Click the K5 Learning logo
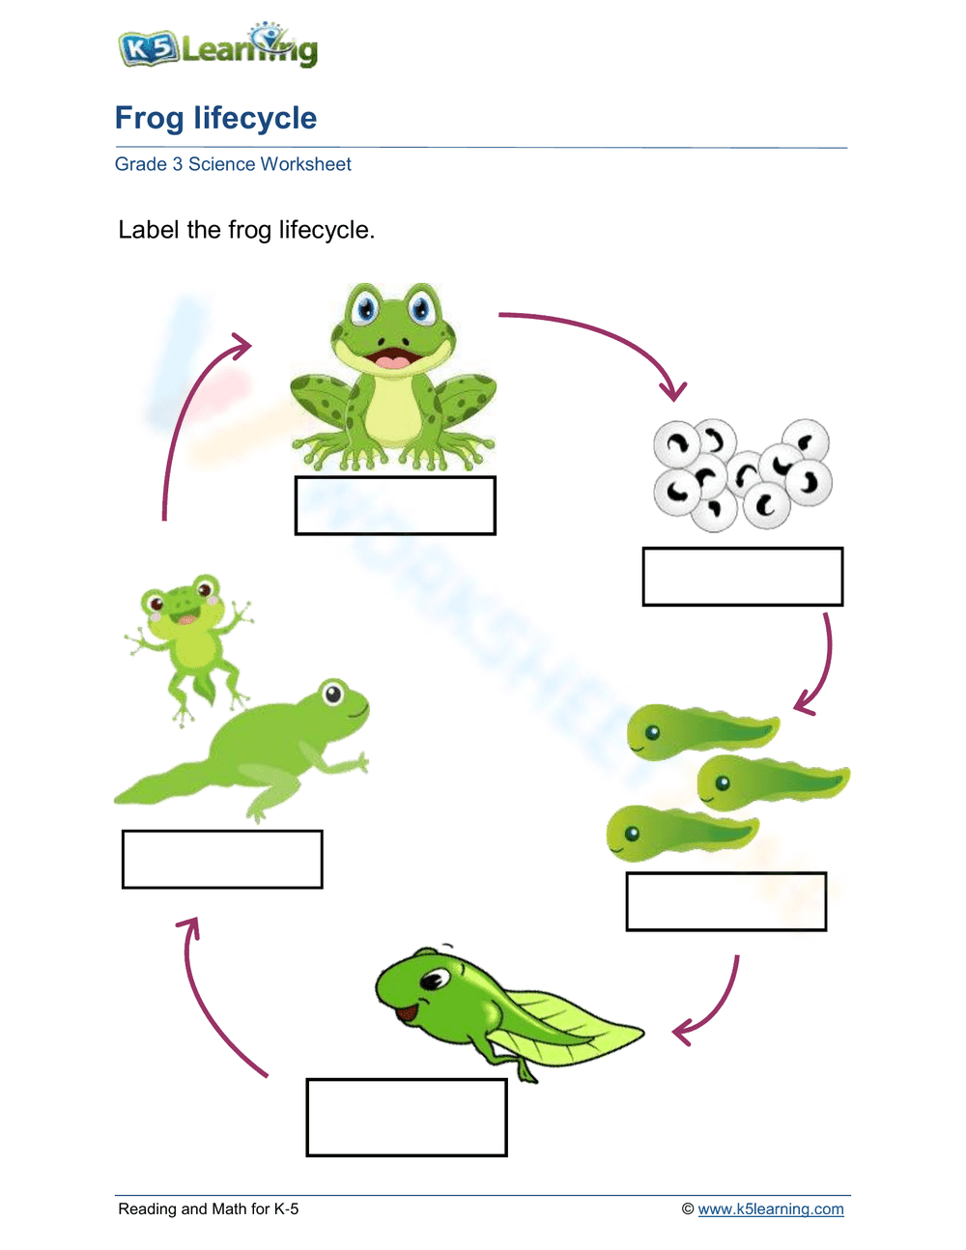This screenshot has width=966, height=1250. tap(217, 46)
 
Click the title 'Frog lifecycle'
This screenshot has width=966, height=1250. tap(215, 118)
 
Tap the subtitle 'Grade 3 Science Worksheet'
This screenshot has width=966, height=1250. tap(233, 164)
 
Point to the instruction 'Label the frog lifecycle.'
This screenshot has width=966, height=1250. tap(246, 230)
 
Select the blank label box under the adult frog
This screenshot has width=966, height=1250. tap(395, 505)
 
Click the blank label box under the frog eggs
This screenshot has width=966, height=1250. tap(742, 577)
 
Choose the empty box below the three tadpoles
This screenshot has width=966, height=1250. tap(725, 901)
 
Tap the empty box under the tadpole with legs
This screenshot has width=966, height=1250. tap(407, 1117)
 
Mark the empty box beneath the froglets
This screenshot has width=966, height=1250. tap(222, 859)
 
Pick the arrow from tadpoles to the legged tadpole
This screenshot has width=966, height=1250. tap(715, 1005)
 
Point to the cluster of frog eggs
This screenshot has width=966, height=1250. tap(742, 473)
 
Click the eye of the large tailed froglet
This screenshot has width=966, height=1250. tap(333, 693)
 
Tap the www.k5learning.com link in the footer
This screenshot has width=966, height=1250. tap(770, 1208)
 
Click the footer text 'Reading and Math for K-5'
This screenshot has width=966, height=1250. tap(208, 1208)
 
